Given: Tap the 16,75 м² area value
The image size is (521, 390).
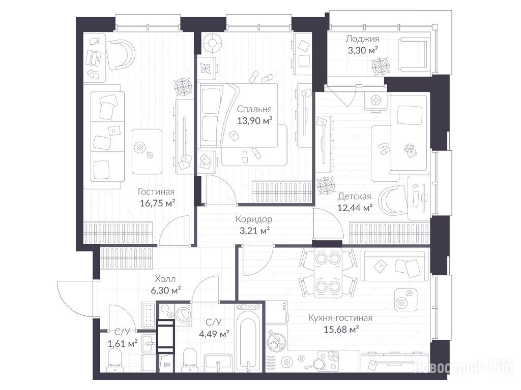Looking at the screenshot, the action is (157, 203).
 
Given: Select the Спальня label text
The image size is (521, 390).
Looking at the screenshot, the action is (254, 109).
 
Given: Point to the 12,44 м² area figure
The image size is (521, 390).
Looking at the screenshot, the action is (355, 208).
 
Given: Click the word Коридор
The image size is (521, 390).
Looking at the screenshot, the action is (254, 219).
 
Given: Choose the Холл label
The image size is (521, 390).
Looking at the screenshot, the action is (165, 279).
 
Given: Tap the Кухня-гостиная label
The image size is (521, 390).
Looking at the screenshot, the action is (340, 318).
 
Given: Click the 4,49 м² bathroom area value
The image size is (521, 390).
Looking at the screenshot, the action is (214, 333).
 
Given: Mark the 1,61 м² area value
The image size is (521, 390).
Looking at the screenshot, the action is (123, 343).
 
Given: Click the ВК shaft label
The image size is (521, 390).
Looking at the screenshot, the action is (167, 365).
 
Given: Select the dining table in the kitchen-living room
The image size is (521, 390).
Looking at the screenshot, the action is (328, 274).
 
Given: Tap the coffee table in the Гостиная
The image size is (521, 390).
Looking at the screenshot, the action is (147, 151).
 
